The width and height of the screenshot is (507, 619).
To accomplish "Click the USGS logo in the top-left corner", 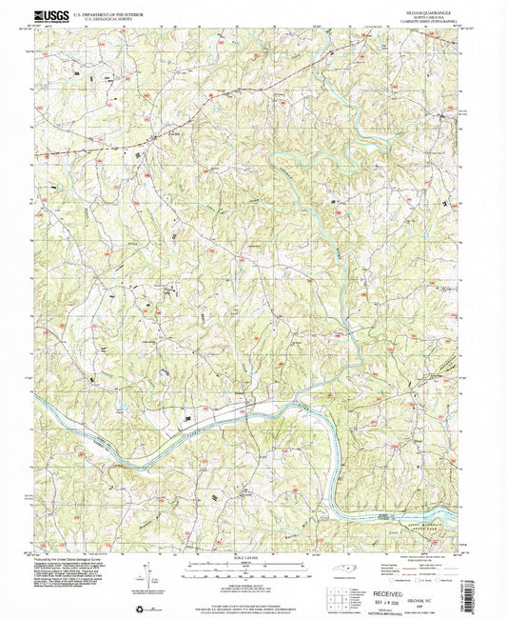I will click(x=53, y=15).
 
